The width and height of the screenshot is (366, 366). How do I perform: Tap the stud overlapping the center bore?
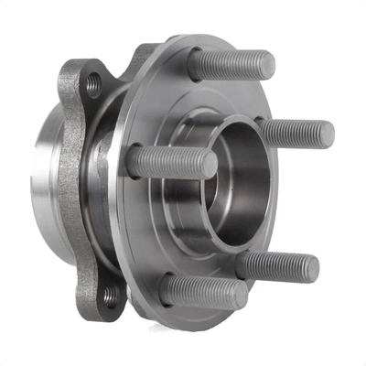tap(174, 162)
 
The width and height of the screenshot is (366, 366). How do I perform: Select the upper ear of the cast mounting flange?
tap(87, 78)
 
